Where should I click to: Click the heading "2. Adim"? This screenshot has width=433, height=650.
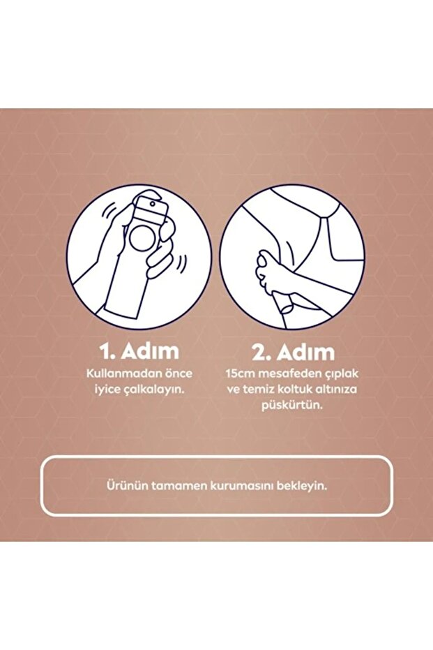tap(291, 350)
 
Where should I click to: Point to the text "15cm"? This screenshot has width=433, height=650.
tap(239, 374)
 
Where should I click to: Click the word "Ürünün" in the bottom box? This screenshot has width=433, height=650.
tap(123, 485)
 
